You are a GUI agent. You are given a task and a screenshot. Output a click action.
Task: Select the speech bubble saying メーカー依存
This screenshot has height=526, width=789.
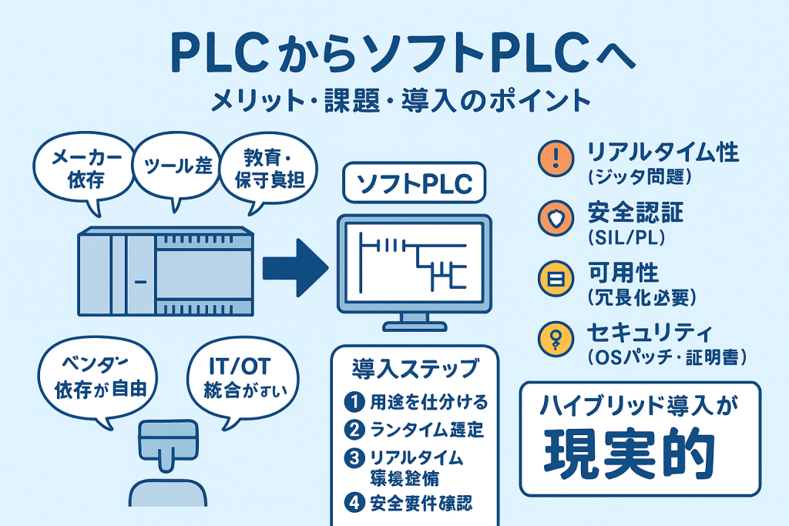click(x=80, y=170)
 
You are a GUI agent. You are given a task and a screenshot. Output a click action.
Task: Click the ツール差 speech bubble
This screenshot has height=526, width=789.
click(x=172, y=166)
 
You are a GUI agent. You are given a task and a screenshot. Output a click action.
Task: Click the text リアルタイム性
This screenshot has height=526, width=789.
click(x=662, y=151)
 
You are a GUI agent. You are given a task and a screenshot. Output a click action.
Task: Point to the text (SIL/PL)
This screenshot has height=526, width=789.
click(x=629, y=236)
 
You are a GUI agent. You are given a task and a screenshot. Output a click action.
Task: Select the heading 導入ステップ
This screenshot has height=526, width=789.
click(x=415, y=367)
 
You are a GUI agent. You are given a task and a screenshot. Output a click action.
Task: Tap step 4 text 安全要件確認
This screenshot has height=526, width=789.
click(x=421, y=504)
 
